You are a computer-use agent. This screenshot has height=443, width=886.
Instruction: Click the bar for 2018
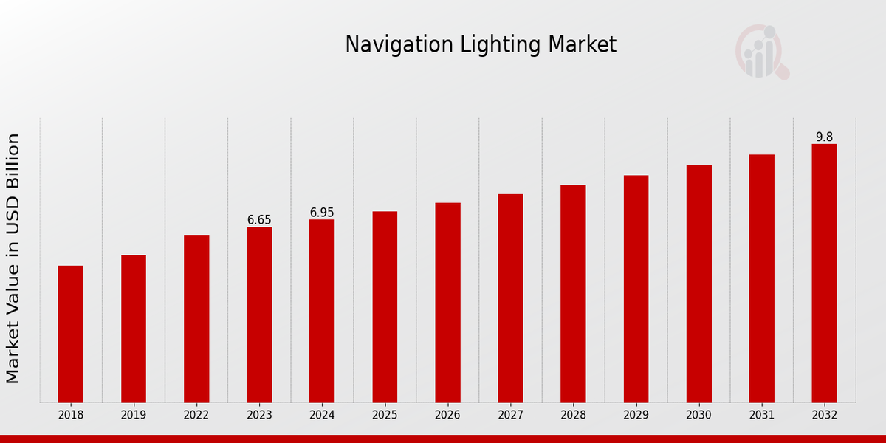pos(71,334)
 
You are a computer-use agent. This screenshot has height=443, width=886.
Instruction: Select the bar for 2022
pos(196,318)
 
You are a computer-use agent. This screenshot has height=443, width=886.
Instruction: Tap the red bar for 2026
pos(447,303)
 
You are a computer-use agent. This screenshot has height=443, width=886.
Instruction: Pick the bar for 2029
pos(636,289)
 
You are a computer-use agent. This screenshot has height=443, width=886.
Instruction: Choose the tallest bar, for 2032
pos(824,273)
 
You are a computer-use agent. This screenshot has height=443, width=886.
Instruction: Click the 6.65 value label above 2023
pos(259,220)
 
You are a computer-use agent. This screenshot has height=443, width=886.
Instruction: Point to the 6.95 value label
pos(322,213)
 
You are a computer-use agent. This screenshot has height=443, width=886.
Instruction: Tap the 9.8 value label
pos(824,137)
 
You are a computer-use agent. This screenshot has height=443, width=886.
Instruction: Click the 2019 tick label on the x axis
pos(134,415)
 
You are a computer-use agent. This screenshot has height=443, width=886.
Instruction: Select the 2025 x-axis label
pos(385,415)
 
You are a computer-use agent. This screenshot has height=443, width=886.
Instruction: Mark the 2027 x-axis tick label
pos(510,415)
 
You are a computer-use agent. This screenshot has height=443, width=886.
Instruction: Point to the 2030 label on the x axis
pos(698,415)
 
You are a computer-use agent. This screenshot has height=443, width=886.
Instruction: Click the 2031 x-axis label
pos(761,415)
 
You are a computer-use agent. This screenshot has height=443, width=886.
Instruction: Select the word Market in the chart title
pos(582,45)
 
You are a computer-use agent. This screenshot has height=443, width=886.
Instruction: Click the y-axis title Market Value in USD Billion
pos(13,258)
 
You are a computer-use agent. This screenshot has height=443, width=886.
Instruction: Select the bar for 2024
pos(322,311)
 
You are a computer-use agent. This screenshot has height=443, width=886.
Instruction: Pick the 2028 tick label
pos(573,415)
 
